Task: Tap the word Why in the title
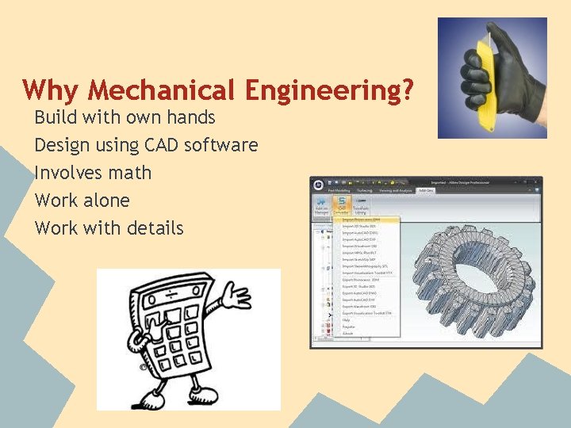[49, 90]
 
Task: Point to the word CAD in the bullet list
[163, 145]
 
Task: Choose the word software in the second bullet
[221, 145]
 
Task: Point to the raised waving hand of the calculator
[239, 300]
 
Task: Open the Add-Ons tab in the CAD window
[426, 190]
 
